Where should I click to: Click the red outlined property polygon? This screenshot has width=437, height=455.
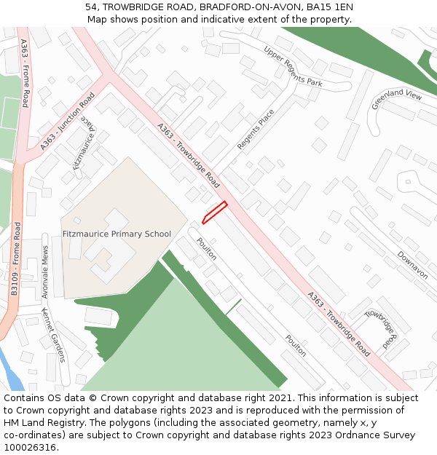point(214,212)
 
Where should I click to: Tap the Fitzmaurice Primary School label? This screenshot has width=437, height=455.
point(117,234)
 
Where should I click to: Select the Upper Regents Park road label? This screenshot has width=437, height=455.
point(293,66)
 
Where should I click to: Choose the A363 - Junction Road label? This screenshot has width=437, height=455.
point(68,122)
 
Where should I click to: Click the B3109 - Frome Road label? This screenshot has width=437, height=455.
point(15,269)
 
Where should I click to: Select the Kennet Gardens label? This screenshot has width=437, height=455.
point(53,334)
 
